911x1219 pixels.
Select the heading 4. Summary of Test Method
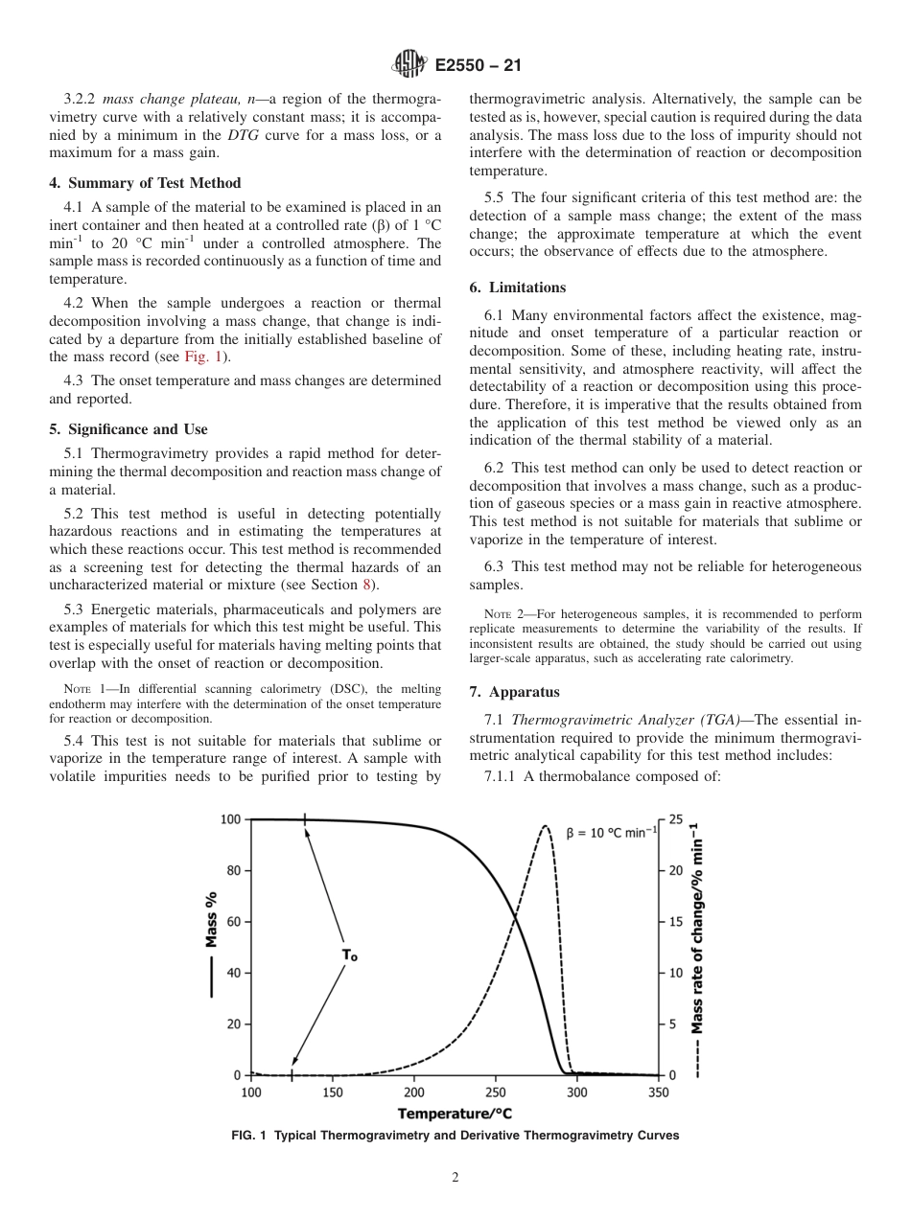click(x=145, y=183)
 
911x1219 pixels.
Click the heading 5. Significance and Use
click(x=128, y=429)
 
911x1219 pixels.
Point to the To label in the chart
click(x=349, y=955)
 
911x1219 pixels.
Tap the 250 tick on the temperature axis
click(x=496, y=1092)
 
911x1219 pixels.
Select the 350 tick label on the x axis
click(x=658, y=1092)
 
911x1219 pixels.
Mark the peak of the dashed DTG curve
click(x=545, y=826)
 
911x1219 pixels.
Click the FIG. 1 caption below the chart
click(x=455, y=1136)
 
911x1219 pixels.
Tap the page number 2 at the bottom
click(x=455, y=1178)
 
